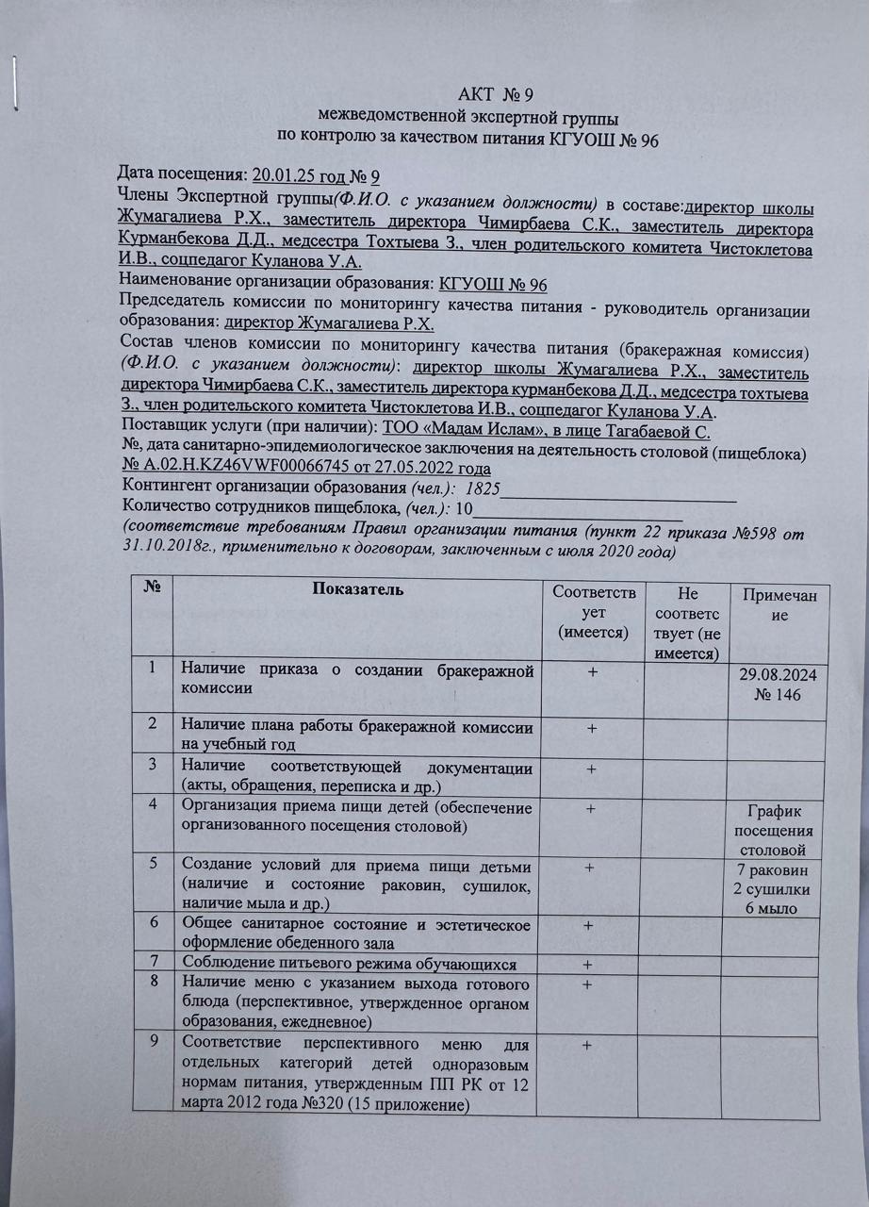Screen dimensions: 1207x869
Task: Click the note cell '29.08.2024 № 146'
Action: [x=779, y=687]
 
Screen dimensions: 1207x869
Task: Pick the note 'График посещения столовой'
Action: [x=779, y=830]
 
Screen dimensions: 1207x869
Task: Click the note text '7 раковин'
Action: [x=779, y=872]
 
